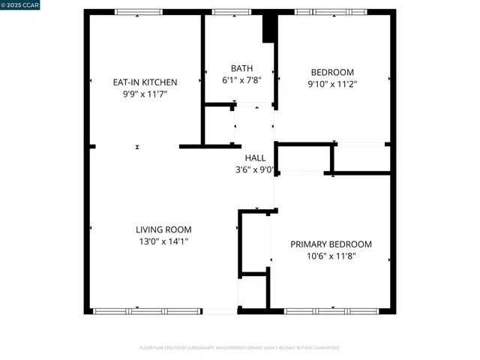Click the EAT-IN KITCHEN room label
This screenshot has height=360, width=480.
coord(144,82)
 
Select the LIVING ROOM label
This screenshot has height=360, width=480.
coord(163,229)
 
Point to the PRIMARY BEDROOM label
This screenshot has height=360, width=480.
coord(331,244)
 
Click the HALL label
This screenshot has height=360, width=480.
coord(254,157)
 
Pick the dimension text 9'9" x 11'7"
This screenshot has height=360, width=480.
coord(144,94)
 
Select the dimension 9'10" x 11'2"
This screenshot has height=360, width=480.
coord(331,85)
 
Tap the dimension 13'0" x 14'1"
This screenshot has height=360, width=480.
coord(163,241)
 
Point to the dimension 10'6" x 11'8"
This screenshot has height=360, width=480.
coord(331,256)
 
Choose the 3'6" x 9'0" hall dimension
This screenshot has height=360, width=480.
coord(254,169)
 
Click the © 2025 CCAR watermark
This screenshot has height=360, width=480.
coord(20,5)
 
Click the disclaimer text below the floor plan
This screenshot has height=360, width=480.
coord(240,348)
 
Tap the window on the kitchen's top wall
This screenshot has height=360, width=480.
coord(138,12)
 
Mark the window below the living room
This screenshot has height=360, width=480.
coord(147,310)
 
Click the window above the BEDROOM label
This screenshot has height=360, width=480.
coord(331,12)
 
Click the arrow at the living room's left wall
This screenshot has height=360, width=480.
coord(91,228)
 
